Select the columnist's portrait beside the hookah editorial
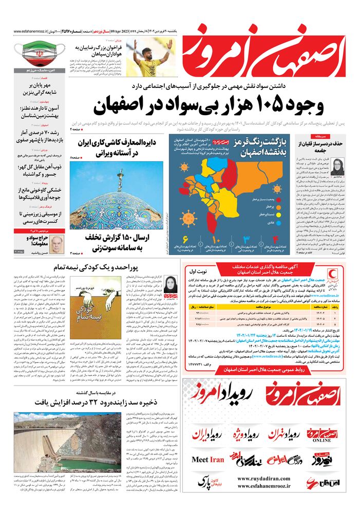pos(338,167)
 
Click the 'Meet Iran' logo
pos(208,459)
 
